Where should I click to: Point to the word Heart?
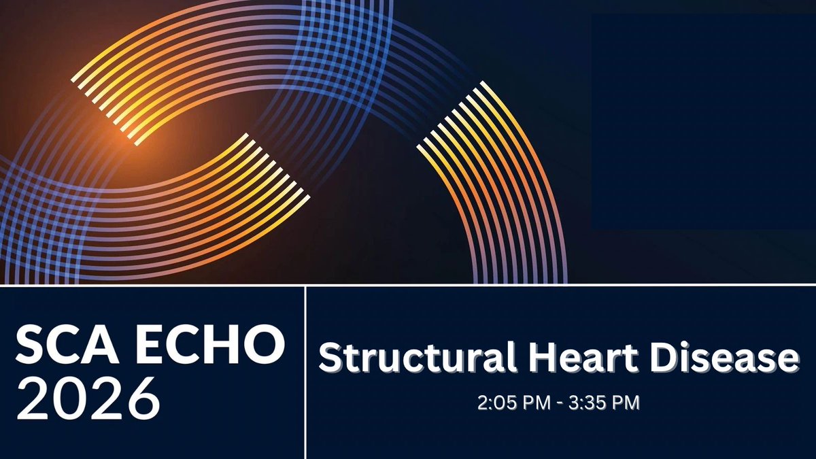[585, 359]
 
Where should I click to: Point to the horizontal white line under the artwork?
[408, 285]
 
